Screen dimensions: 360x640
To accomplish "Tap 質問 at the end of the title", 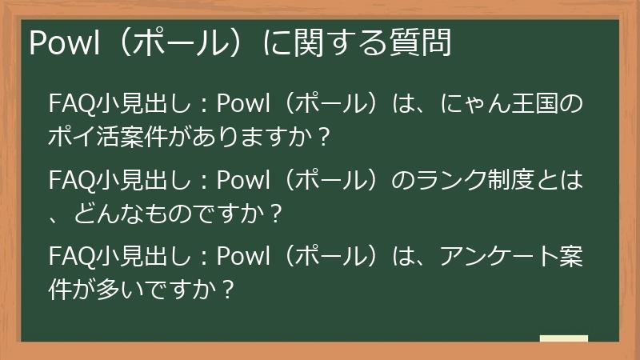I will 427,42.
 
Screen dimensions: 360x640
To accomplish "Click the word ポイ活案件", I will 107,137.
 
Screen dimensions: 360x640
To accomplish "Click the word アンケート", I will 495,257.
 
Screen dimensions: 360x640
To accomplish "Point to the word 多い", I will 119,289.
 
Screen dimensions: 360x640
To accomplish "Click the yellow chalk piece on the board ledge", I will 564,338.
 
